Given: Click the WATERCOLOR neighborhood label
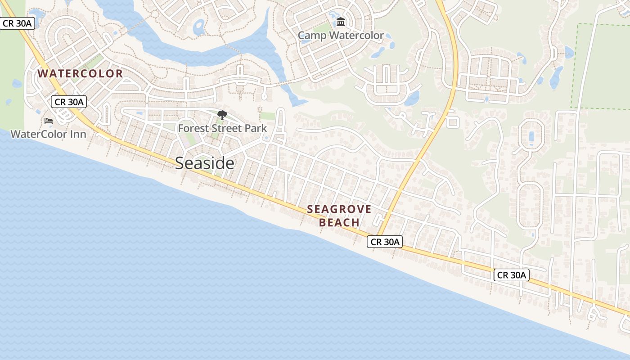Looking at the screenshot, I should (80, 74).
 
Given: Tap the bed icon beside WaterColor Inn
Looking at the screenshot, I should (49, 121).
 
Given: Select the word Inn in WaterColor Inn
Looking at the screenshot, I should (76, 134).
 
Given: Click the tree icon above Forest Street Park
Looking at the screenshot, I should (222, 115).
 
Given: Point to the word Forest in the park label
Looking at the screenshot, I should (193, 128).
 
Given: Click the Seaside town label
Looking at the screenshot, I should (204, 163).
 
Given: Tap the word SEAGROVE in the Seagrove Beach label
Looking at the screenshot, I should (339, 209).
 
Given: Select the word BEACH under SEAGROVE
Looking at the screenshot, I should (339, 222).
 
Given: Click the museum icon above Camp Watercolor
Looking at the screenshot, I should (341, 22).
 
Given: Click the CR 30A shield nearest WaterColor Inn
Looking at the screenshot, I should (68, 102).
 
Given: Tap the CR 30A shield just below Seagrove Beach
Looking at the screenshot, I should (384, 242).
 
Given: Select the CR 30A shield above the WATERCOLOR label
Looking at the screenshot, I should (18, 23).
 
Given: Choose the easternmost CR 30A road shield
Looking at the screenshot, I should (511, 275).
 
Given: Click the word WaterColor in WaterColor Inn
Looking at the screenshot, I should (39, 134).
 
